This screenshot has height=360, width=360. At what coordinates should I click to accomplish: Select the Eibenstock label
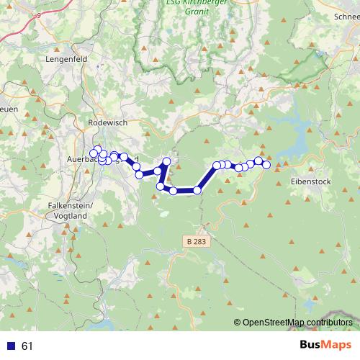pos(310,181)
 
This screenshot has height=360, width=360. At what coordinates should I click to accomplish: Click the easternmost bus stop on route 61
pos(266,165)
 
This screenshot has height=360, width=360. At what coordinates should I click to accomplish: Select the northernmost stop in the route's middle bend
pos(166,161)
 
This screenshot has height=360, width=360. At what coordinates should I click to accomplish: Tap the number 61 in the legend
pos(28,346)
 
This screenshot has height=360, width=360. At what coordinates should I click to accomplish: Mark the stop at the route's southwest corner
pos(161,186)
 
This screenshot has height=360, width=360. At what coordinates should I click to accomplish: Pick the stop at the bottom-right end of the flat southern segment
pos(197,190)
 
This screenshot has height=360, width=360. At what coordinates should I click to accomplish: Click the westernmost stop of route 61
pos(93,153)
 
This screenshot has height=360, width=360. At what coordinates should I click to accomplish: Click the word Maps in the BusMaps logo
pos(334,345)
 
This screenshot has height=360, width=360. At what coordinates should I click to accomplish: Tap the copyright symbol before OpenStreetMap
pos(237,323)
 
